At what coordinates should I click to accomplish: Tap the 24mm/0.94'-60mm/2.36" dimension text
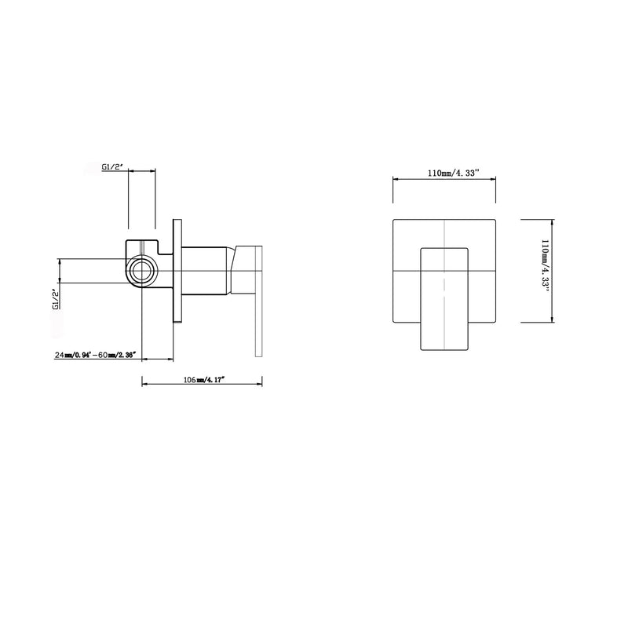(x=95, y=355)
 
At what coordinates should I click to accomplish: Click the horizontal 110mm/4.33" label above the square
(x=454, y=173)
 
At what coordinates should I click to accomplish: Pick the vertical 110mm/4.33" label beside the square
(x=545, y=265)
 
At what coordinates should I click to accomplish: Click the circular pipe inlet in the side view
(x=142, y=271)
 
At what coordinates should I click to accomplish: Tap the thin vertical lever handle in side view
(x=258, y=301)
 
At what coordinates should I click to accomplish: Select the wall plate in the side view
(x=177, y=270)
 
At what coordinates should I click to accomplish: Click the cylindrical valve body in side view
(x=206, y=271)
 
